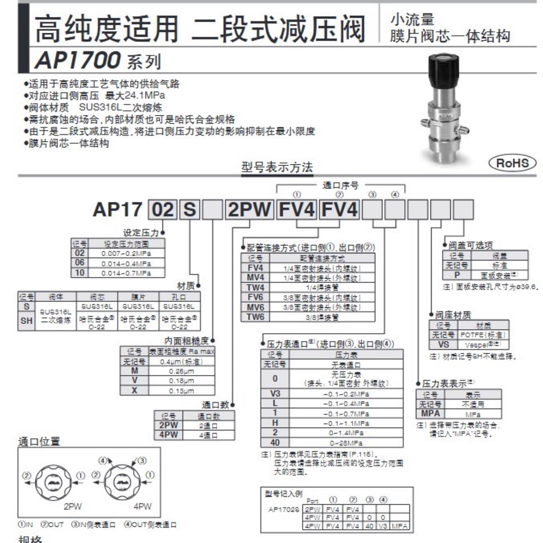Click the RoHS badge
click(x=512, y=163)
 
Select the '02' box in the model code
click(x=163, y=210)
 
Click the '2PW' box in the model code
click(x=249, y=210)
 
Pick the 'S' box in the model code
click(x=190, y=210)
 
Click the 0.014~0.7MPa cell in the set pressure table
click(x=126, y=273)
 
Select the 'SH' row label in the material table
click(x=26, y=321)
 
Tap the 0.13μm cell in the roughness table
click(x=181, y=391)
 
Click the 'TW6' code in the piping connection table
click(x=255, y=317)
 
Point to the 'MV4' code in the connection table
click(x=255, y=278)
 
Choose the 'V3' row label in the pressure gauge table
click(x=275, y=394)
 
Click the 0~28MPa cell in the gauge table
click(x=346, y=443)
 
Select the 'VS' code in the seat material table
click(x=443, y=344)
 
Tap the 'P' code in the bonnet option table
click(x=457, y=275)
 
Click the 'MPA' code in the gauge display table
click(x=430, y=414)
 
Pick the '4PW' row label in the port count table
click(x=169, y=435)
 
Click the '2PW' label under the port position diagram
click(x=72, y=506)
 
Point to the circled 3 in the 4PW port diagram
click(x=142, y=460)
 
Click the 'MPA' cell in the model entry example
click(x=399, y=526)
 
